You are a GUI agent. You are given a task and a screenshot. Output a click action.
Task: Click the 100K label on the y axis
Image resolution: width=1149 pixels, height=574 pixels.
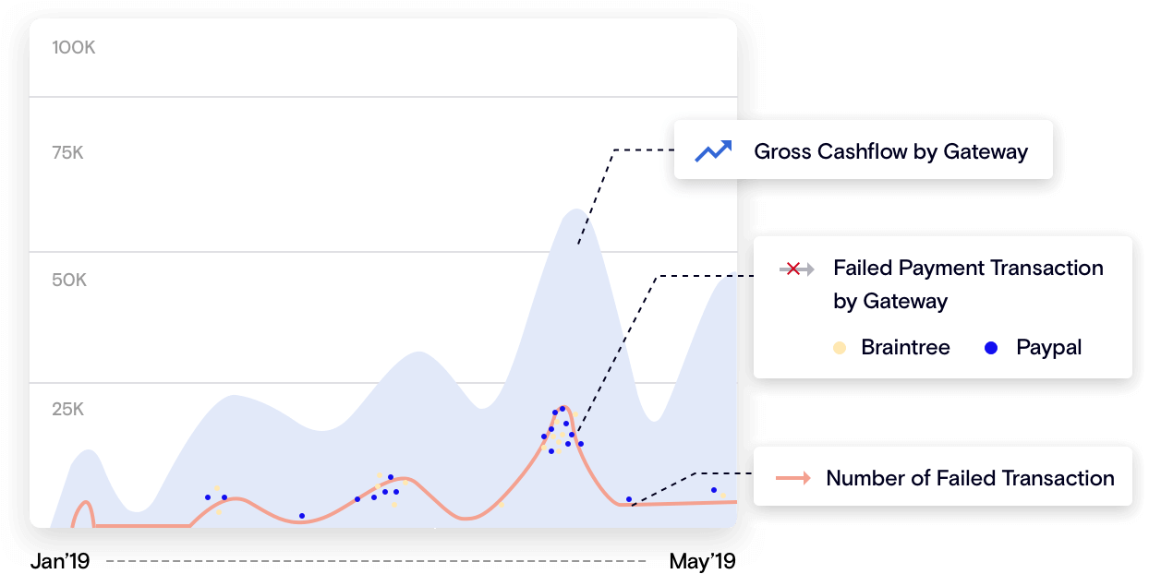74,48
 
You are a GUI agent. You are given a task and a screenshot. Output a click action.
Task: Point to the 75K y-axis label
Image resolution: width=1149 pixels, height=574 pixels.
68,153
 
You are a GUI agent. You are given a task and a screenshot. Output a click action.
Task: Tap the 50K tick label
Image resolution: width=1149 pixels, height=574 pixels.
69,281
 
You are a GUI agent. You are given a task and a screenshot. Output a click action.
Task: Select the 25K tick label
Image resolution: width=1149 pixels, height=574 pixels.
68,410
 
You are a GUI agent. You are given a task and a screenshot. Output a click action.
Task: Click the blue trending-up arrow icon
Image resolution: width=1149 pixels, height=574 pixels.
713,150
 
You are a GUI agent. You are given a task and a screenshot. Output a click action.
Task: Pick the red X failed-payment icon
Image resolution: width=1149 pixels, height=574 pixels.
792,269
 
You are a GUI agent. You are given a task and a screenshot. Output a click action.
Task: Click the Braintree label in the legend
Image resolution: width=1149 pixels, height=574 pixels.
905,348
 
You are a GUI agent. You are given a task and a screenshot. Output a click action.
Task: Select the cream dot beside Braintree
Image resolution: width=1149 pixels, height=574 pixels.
839,348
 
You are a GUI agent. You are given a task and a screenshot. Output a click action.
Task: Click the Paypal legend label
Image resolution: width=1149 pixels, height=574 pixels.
1048,348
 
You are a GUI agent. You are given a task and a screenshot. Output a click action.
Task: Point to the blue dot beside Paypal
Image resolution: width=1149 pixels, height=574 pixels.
991,348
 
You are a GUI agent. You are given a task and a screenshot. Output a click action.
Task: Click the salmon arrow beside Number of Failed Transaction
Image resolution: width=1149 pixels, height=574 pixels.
793,478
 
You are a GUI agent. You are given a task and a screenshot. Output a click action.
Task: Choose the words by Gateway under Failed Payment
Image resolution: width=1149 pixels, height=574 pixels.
890,301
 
